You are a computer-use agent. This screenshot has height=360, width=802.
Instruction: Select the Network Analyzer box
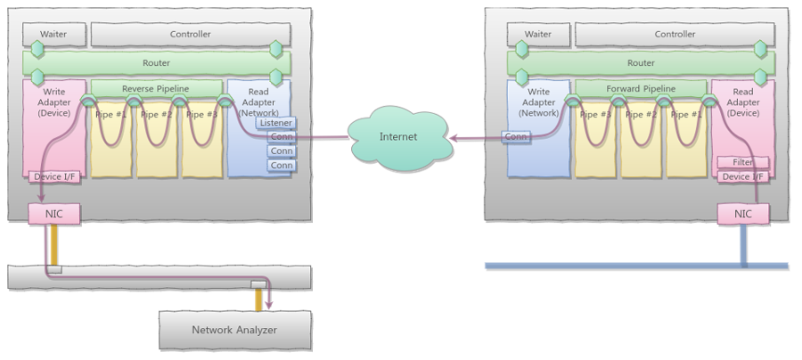235,330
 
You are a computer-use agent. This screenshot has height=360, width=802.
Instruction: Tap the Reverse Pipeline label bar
157,89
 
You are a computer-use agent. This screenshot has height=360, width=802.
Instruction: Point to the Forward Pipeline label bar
641,89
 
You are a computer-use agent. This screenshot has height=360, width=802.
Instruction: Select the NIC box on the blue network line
743,214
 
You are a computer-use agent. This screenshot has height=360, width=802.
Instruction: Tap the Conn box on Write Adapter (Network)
516,137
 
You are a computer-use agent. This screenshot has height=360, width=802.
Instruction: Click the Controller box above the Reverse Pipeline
190,35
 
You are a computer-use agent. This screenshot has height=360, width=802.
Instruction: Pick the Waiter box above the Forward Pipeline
537,35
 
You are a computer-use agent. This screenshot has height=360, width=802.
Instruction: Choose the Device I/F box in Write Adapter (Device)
55,176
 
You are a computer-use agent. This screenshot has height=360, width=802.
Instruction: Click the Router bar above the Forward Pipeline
641,63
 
